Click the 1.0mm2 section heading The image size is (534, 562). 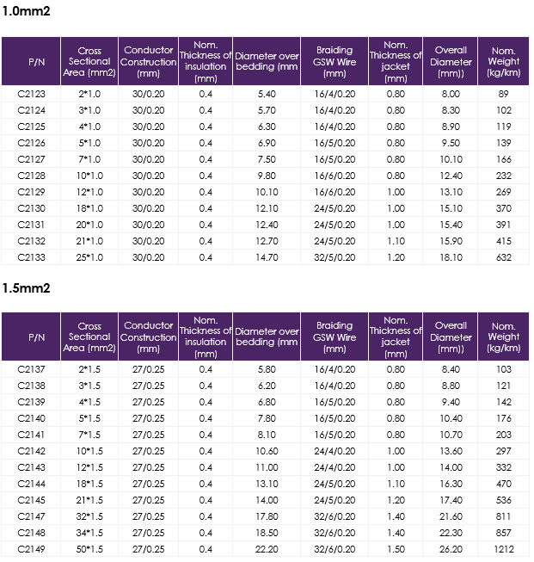[26, 11]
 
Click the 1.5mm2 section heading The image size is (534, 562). [26, 288]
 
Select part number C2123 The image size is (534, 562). [32, 94]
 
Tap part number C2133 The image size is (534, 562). [32, 257]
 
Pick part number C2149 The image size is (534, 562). [32, 549]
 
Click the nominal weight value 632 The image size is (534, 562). [504, 257]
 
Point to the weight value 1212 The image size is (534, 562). [504, 549]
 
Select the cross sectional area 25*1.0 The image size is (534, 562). [89, 257]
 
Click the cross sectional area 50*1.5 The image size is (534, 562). [89, 549]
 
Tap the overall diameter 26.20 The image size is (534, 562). [451, 549]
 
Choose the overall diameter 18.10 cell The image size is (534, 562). [451, 257]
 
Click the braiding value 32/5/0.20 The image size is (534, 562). [335, 257]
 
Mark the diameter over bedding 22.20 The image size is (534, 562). [267, 549]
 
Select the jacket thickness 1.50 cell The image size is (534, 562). [396, 549]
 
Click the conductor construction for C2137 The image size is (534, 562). [148, 369]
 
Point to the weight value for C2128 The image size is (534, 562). [504, 176]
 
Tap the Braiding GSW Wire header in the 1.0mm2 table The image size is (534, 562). [335, 62]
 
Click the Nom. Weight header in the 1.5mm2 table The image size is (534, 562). [504, 337]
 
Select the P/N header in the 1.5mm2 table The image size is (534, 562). [36, 337]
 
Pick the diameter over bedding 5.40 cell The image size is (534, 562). [267, 94]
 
